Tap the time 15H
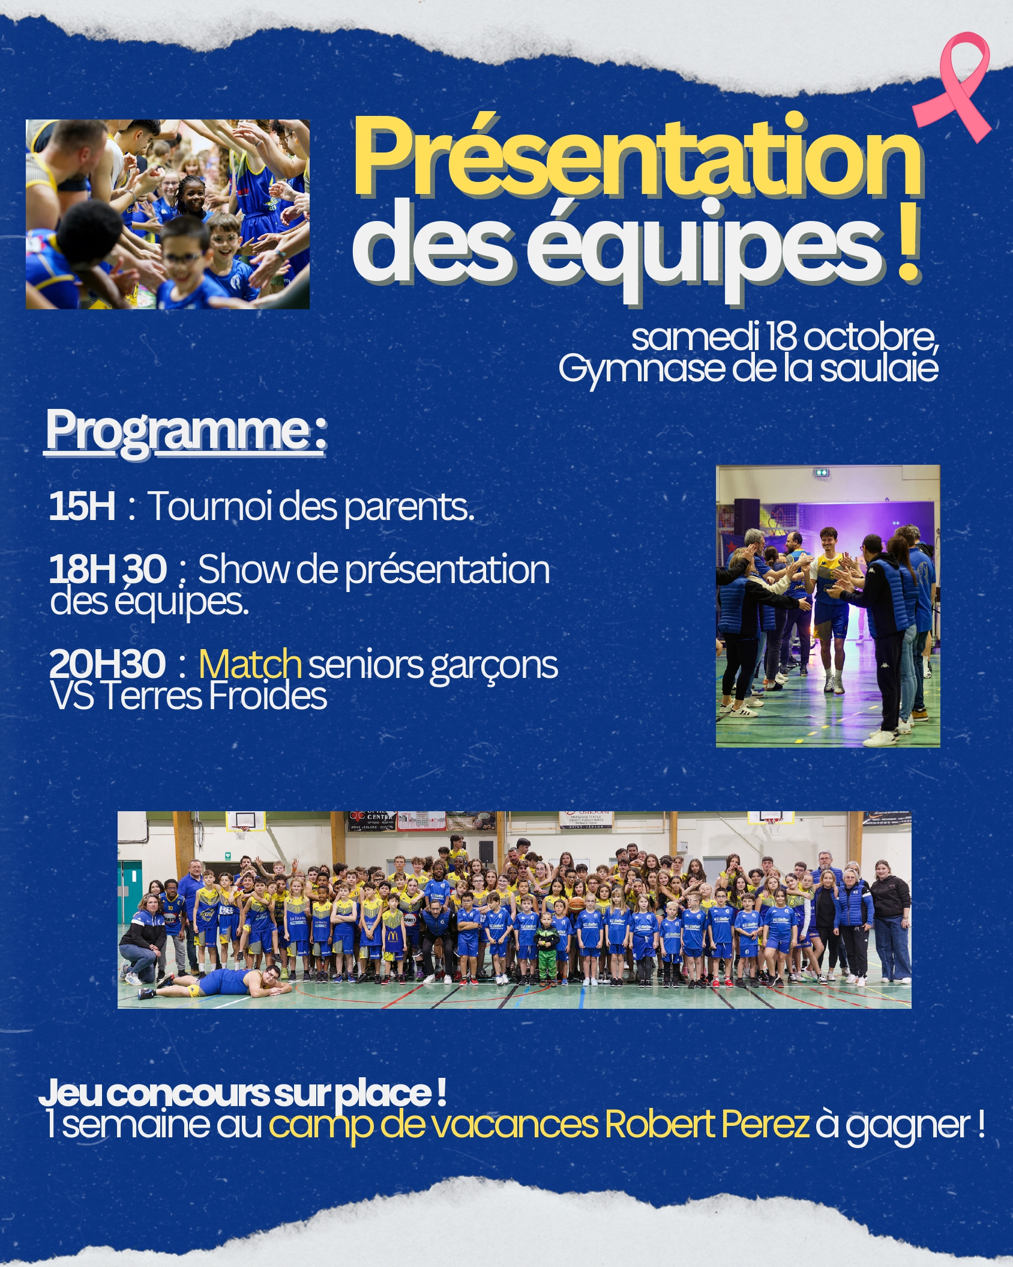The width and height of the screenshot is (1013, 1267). (x=82, y=506)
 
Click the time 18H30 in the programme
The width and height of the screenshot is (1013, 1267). (x=108, y=569)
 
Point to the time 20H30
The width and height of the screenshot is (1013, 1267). (x=107, y=664)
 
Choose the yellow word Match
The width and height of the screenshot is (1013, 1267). (x=250, y=664)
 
